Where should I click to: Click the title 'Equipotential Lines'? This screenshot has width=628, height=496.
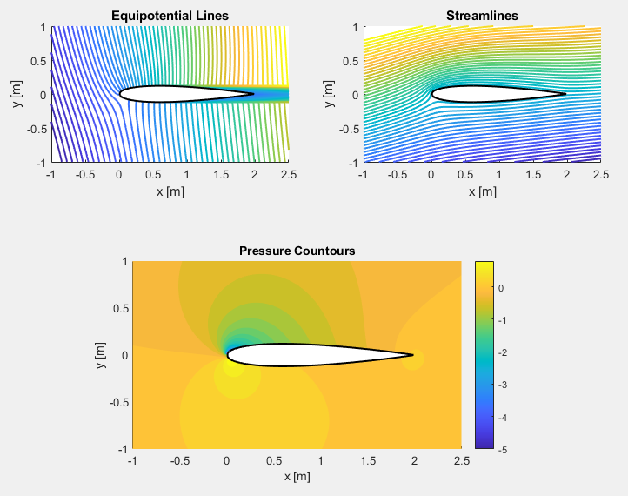[169, 16]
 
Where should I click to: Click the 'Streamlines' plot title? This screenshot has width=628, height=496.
[481, 16]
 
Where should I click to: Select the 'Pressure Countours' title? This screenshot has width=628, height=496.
[297, 251]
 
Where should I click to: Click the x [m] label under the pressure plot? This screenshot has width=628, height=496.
[296, 477]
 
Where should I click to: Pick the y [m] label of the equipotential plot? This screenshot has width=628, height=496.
[18, 94]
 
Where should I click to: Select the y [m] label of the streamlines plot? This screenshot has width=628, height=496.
[330, 94]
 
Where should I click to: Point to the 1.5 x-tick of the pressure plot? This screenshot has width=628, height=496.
[367, 460]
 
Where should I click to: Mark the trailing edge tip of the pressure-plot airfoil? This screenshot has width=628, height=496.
[413, 355]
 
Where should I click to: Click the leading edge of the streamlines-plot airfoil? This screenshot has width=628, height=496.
[432, 94]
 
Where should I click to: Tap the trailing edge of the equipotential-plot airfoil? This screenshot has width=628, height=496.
[254, 94]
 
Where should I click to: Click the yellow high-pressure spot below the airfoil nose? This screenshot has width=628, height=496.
[232, 367]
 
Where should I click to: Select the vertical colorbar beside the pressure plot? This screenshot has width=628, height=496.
[484, 354]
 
